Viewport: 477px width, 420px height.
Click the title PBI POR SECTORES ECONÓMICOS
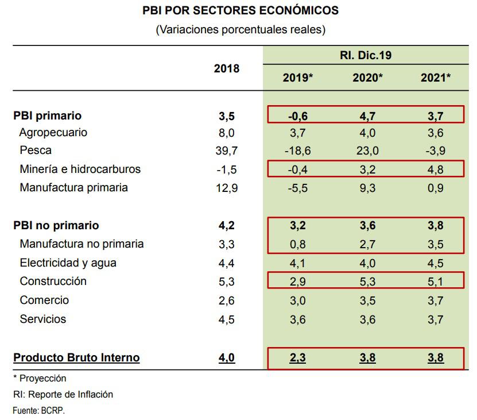pos(240,11)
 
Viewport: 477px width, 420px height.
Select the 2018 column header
pos(227,68)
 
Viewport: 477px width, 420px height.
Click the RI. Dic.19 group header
pos(367,56)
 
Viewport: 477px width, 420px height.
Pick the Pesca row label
pos(36,151)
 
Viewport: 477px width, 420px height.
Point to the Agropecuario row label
pos(53,132)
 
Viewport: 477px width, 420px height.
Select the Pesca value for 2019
pos(297,151)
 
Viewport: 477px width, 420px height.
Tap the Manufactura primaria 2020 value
pos(367,188)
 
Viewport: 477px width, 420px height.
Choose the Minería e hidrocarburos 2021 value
pos(436,169)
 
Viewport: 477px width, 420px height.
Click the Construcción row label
pos(53,281)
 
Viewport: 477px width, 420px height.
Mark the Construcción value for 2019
pos(297,281)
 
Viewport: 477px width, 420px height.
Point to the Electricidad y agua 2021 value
pos(436,263)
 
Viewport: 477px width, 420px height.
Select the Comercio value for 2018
pos(227,300)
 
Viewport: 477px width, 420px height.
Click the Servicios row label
pos(43,319)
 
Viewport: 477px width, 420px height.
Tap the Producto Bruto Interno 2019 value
pos(297,357)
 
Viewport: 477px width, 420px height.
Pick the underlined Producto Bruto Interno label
pos(76,357)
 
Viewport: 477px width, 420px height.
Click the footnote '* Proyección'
pos(40,379)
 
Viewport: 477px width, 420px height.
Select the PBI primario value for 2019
pos(297,116)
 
